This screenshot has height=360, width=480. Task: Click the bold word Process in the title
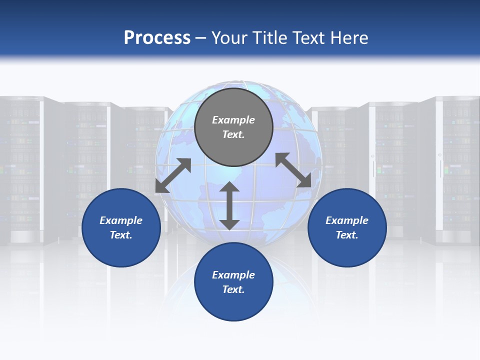(157, 38)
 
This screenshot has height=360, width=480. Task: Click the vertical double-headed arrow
(229, 205)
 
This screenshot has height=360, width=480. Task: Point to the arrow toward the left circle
(173, 175)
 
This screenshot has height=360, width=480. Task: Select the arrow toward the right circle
(293, 170)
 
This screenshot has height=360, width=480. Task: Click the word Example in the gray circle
(233, 120)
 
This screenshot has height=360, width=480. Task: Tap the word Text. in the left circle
(121, 235)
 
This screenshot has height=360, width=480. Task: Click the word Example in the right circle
(347, 220)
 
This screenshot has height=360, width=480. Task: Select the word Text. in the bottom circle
(233, 289)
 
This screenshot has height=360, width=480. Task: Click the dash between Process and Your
(200, 38)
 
